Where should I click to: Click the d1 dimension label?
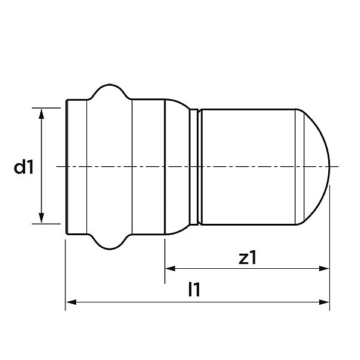pos(24,167)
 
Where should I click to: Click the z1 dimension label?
pos(247,257)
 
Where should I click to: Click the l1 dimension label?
pos(194,290)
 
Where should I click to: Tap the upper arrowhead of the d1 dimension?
pos(41,114)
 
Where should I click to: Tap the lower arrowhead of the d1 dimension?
pos(41,218)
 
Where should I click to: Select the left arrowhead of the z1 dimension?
pos(170,268)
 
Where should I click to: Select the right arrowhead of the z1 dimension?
pos(324,268)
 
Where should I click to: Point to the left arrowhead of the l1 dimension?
pos(71,302)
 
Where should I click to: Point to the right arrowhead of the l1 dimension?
pos(324,302)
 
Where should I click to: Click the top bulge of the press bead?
pos(110,85)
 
